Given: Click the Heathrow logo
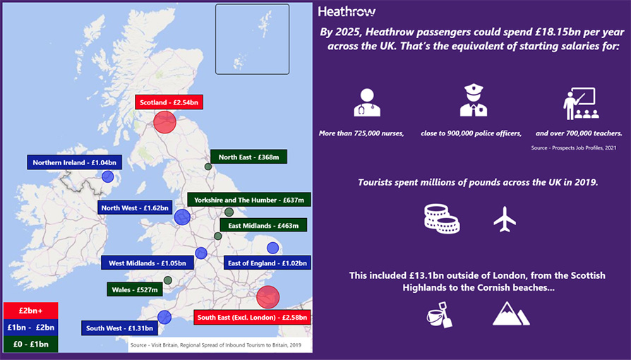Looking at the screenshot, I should [347, 11].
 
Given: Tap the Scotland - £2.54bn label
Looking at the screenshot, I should [168, 102].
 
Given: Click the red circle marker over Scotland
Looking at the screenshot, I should [164, 121].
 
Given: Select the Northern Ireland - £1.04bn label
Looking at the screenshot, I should [74, 162].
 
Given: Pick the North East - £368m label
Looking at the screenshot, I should [248, 157].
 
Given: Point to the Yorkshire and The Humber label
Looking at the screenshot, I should [249, 200].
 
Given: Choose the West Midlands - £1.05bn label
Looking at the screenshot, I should [148, 263].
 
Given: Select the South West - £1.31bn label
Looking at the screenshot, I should [119, 328].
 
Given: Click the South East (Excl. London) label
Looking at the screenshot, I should [252, 318].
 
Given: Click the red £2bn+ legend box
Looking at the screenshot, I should [30, 311].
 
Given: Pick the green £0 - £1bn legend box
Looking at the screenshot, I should [30, 344].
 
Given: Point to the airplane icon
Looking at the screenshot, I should [505, 219].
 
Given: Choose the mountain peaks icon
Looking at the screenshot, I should [510, 313].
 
